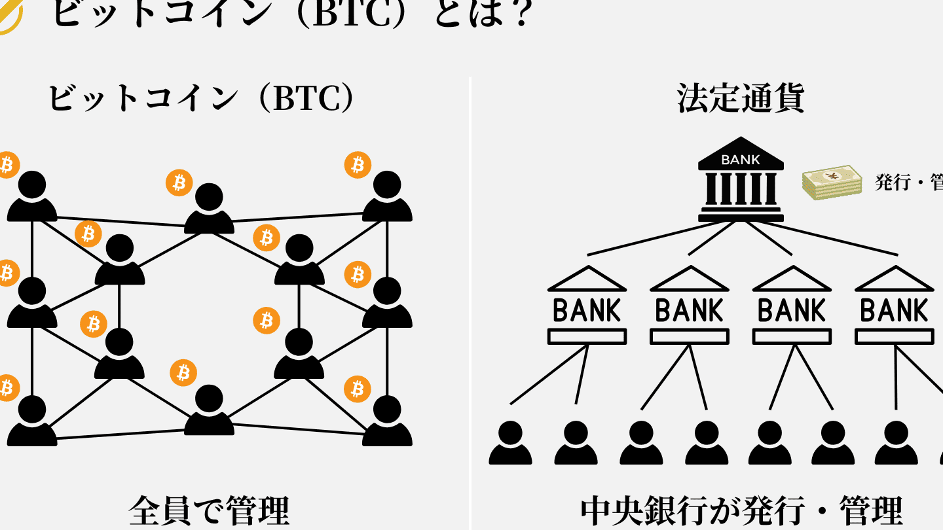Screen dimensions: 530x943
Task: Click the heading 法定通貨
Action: [740, 98]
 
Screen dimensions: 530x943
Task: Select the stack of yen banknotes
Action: [832, 182]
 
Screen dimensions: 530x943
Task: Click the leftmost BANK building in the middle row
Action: [587, 306]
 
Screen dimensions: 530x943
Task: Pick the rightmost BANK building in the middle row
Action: [894, 306]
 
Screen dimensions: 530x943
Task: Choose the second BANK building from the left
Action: [689, 306]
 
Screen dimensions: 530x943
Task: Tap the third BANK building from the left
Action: [792, 306]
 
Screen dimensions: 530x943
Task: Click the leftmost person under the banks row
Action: [510, 443]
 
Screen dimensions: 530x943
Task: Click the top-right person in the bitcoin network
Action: [387, 197]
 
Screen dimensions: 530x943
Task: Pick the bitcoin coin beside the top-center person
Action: [179, 183]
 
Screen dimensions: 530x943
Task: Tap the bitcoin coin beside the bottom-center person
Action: [183, 373]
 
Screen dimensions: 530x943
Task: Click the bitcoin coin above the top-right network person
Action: [358, 165]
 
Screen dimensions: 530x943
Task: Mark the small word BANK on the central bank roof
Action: [741, 159]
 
